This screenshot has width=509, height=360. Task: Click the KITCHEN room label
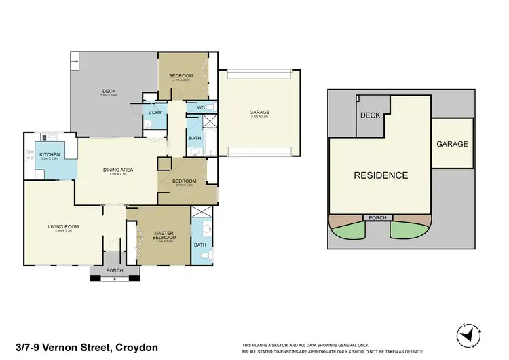tap(50, 155)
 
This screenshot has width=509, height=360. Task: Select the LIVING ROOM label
tap(63, 227)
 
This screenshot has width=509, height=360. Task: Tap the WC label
tap(202, 107)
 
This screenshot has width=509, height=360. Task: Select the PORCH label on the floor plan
tap(115, 272)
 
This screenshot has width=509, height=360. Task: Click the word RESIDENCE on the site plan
tap(381, 175)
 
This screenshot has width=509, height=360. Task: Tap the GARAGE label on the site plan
tap(452, 144)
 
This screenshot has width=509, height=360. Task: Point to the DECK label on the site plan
tap(371, 115)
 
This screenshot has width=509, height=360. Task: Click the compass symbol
tap(469, 334)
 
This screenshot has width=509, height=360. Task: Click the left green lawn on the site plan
tap(348, 231)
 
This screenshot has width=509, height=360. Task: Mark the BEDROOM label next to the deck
tap(181, 75)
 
